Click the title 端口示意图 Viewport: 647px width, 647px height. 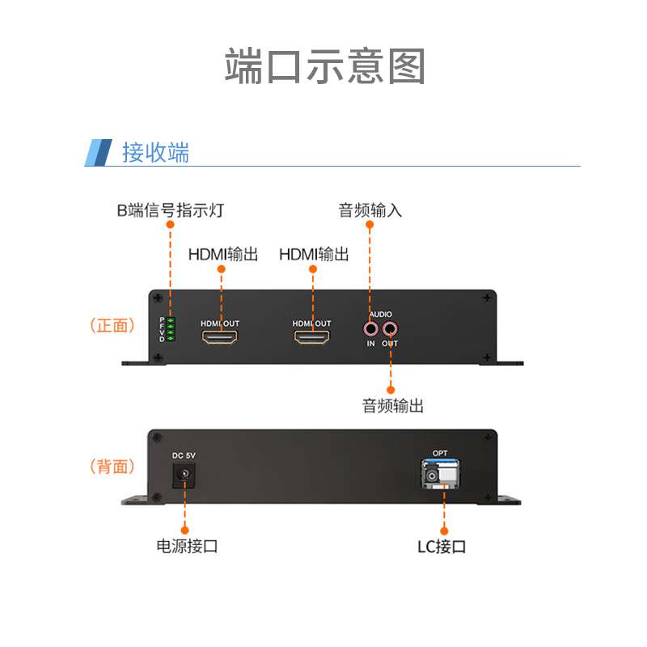324,66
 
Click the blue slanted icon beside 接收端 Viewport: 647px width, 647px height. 99,152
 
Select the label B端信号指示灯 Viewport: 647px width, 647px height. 170,211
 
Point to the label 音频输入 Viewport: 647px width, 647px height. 370,211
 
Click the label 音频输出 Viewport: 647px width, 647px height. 393,406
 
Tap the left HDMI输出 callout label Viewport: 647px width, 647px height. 223,255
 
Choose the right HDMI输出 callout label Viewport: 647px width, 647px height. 314,255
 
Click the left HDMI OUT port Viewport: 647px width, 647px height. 220,337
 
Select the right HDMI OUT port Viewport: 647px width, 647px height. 311,337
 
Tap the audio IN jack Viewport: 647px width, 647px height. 370,329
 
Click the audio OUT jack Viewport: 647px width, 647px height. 390,329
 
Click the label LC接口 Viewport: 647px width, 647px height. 442,547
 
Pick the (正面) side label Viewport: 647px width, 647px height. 112,326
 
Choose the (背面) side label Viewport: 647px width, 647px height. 112,467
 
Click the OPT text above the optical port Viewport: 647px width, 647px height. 440,453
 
